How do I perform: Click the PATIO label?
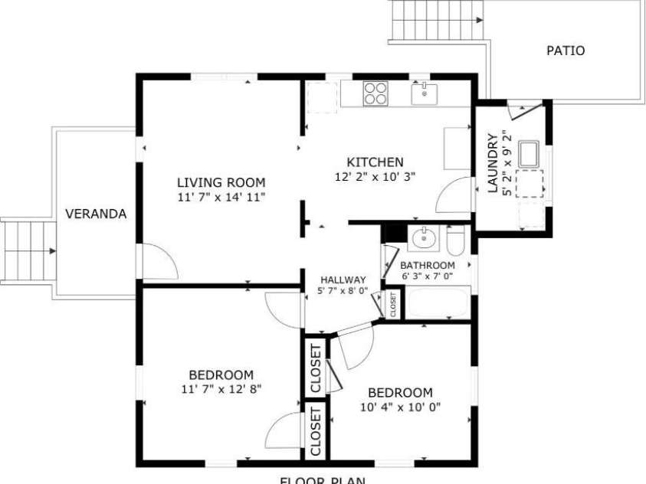[x=566, y=51]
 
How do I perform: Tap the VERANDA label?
[x=95, y=214]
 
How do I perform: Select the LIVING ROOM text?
[x=221, y=182]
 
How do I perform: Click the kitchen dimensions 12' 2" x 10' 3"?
[x=375, y=177]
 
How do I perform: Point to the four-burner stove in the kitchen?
[x=375, y=93]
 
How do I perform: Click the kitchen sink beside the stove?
[x=424, y=94]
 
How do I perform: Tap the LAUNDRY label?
[x=493, y=163]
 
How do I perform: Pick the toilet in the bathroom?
[x=455, y=241]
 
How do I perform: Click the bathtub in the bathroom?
[x=436, y=304]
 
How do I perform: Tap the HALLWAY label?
[x=343, y=280]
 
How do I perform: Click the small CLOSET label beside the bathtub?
[x=393, y=304]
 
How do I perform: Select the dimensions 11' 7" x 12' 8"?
[x=221, y=388]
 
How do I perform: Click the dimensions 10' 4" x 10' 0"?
[x=400, y=407]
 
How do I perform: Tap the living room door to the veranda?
[x=158, y=263]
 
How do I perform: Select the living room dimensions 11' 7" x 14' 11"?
[x=221, y=197]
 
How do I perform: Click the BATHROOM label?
[x=428, y=266]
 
